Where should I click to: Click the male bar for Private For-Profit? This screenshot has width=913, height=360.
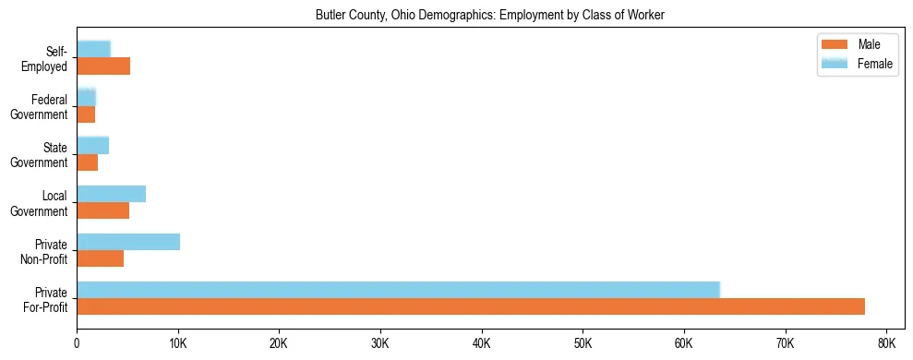(x=471, y=307)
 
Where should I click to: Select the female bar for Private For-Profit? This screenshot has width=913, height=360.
(x=398, y=289)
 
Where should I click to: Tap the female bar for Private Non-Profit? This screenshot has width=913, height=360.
(x=128, y=242)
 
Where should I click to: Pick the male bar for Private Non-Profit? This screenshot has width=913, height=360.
(x=100, y=259)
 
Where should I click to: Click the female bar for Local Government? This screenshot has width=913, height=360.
(x=111, y=194)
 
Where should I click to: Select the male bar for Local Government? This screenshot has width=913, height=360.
(x=102, y=211)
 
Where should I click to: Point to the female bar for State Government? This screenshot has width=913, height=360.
(x=92, y=145)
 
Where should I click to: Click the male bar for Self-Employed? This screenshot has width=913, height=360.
(x=103, y=66)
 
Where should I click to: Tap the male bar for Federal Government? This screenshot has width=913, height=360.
(x=86, y=114)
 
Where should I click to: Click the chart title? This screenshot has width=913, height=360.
(x=490, y=15)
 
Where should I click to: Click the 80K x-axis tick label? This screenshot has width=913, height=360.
(x=886, y=343)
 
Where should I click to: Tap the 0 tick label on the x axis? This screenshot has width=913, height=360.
(x=77, y=343)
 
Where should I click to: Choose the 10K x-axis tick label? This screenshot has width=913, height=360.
(x=178, y=343)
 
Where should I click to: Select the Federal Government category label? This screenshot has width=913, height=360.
(x=40, y=107)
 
